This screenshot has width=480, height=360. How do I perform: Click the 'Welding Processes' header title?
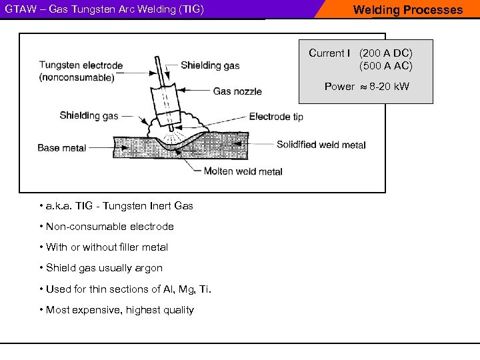tap(407, 10)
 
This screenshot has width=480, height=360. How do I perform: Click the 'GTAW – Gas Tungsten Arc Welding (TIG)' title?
tap(105, 10)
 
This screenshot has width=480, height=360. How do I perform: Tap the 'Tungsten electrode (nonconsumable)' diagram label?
tap(81, 71)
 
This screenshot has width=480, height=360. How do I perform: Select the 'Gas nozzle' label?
tap(237, 91)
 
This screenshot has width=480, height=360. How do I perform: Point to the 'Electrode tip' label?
tap(276, 117)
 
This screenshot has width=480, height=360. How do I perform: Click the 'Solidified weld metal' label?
tap(321, 145)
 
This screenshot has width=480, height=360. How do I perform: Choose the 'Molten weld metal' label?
tap(243, 171)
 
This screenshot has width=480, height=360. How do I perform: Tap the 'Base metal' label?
tap(62, 148)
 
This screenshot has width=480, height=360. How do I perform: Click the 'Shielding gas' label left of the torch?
tap(89, 115)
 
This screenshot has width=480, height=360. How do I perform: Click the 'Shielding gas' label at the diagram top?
tap(210, 65)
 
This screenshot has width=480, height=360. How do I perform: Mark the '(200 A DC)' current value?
tap(386, 53)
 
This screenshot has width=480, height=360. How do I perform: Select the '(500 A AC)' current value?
tap(386, 66)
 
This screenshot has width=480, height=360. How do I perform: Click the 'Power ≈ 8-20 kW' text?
tap(367, 87)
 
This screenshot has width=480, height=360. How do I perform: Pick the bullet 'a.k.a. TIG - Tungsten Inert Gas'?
tap(117, 205)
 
